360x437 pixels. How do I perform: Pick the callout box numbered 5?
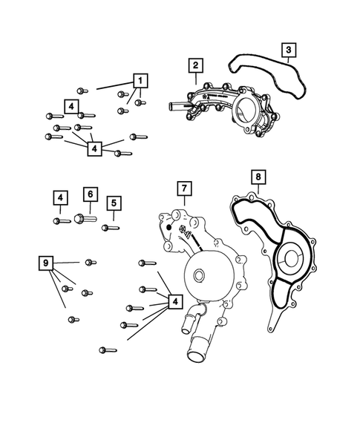point(113,203)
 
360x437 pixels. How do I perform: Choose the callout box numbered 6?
point(88,194)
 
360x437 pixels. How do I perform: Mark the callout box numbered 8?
point(258,177)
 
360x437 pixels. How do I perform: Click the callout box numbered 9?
point(47,263)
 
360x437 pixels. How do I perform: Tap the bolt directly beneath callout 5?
point(111,227)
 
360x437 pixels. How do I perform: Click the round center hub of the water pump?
point(198,277)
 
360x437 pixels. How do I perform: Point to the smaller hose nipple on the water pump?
point(183,321)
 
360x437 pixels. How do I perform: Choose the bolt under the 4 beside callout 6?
point(59,220)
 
